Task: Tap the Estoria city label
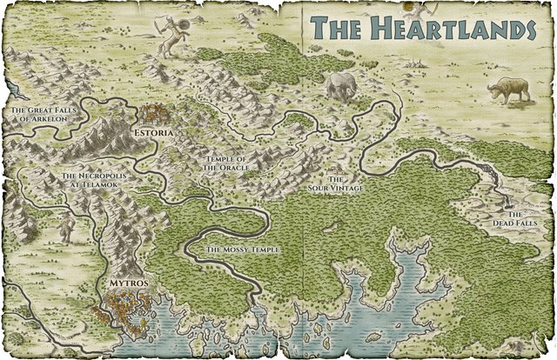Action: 155,132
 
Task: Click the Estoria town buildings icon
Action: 156,114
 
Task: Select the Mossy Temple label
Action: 241,250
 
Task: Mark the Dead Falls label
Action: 513,219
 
